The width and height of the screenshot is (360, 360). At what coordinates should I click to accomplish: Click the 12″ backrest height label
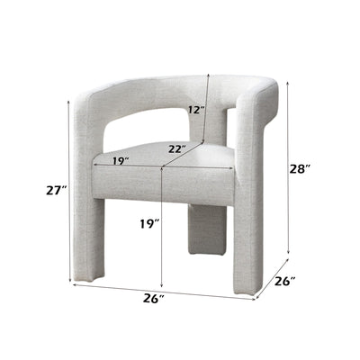196,110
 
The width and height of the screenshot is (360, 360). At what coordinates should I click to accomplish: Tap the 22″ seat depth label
177,148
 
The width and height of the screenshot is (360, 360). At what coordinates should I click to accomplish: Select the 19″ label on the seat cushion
121,161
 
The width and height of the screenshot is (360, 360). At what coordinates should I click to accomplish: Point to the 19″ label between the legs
149,223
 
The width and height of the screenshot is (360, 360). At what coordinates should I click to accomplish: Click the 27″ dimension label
56,190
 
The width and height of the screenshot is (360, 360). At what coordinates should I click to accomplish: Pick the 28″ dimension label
300,169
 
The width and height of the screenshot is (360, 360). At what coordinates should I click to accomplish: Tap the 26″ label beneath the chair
154,299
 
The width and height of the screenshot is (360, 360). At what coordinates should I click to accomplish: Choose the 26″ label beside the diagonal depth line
285,281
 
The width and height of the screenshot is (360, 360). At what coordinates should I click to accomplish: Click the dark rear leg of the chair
207,229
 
